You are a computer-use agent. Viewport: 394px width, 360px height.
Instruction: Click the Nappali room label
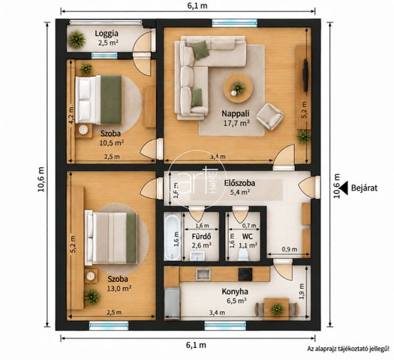pos(236,113)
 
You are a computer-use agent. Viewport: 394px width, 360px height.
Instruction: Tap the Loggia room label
pos(107,33)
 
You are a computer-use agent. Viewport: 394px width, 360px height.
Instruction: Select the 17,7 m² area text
pos(236,123)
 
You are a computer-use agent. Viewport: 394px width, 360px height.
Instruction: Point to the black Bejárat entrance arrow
pos(344,187)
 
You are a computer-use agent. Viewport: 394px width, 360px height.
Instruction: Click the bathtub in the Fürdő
pos(173,236)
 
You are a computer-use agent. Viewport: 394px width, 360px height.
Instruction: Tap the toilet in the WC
pos(243,254)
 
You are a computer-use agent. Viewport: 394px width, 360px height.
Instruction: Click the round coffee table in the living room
pos(238,88)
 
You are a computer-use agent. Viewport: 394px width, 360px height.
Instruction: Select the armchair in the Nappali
pos(270,116)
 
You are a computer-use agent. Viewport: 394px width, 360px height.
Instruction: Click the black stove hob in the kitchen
pos(245,274)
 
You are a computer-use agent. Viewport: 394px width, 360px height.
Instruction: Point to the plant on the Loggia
pos(76,39)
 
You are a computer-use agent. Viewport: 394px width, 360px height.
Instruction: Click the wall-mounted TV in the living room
pos(305,75)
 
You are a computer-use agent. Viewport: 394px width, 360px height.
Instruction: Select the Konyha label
pos(235,292)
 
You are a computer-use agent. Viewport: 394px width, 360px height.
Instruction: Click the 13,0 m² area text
pos(119,289)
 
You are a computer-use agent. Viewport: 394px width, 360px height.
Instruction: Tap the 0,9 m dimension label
pos(289,249)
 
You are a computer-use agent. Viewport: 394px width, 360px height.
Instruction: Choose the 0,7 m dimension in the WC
pos(249,226)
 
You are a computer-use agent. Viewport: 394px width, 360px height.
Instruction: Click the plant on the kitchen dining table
pos(276,309)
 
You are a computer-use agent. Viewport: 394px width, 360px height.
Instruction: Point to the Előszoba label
pos(239,183)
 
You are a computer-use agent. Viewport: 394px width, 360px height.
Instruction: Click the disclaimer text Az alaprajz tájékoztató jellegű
pos(348,349)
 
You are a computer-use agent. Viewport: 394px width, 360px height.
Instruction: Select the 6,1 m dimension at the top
pos(197,5)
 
